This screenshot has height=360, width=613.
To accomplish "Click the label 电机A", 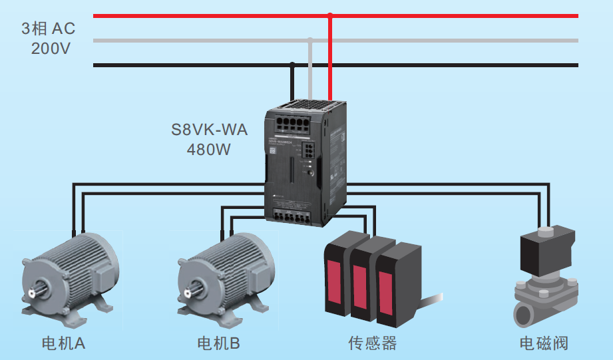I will click(x=64, y=343).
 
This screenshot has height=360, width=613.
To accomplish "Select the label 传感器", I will click(x=373, y=343).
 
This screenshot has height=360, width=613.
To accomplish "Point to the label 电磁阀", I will click(x=544, y=343).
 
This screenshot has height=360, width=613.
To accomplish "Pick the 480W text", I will click(x=209, y=150).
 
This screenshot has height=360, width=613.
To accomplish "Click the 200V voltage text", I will click(x=51, y=49).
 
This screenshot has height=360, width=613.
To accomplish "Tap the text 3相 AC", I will click(x=49, y=29).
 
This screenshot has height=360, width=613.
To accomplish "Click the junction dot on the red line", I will click(x=330, y=15).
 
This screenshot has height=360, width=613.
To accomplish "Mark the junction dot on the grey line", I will click(x=310, y=41).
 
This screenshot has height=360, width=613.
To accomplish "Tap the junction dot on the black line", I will click(x=292, y=65).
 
